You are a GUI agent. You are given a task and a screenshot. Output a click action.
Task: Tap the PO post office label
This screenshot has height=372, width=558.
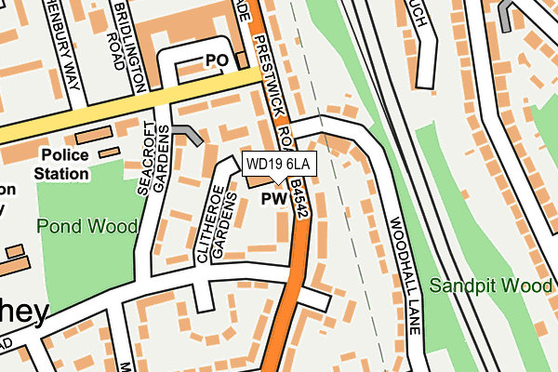click(x=216, y=60)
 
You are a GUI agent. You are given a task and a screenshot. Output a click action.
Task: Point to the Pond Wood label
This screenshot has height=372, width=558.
click(x=87, y=226)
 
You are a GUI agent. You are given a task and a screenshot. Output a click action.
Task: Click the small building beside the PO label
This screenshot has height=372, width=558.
click(x=242, y=60)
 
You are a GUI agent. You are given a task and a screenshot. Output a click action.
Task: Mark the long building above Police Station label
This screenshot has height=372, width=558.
click(x=92, y=136)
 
